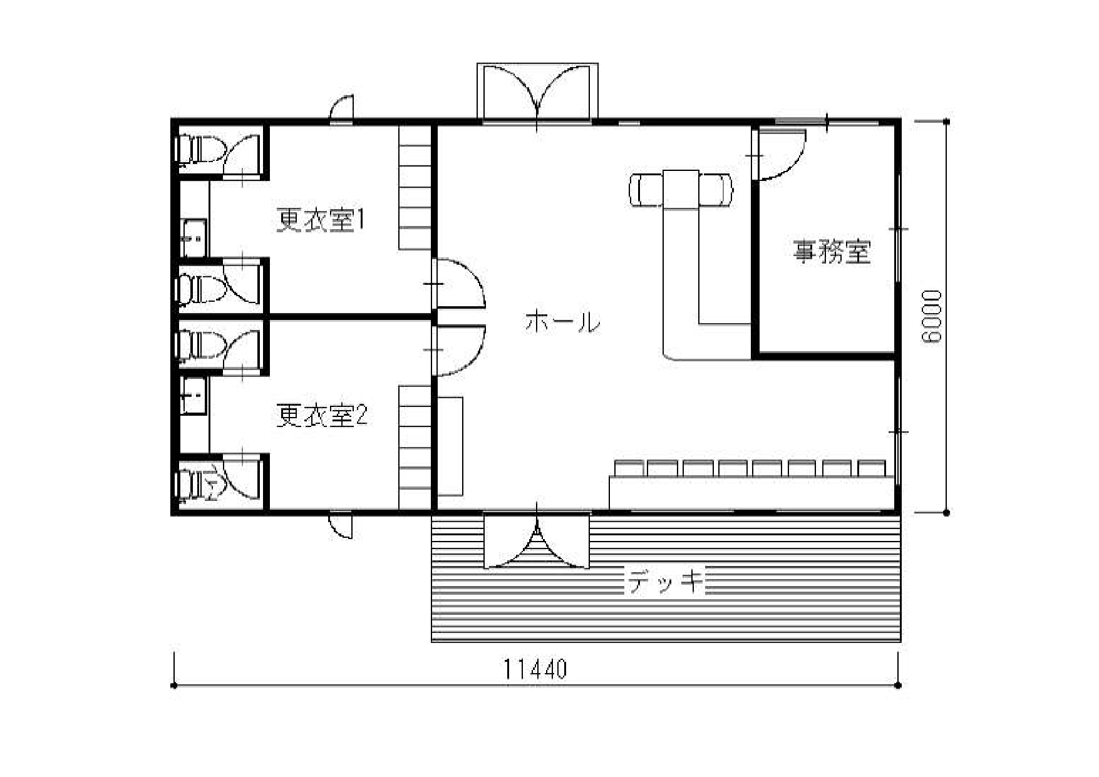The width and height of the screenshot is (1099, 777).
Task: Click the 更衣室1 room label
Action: tap(321, 220)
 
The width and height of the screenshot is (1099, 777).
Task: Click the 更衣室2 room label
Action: tap(321, 416)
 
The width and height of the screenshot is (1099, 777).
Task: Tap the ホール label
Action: tap(562, 322)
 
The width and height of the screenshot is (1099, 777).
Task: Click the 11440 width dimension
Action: tap(536, 669)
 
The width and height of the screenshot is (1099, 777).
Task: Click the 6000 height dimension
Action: tap(932, 317)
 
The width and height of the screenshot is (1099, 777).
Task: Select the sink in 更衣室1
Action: tap(193, 239)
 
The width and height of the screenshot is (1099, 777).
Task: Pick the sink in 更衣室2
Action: tap(193, 395)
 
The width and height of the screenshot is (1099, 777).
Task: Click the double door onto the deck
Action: tap(537, 540)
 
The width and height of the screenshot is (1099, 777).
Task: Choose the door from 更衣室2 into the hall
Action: tap(459, 349)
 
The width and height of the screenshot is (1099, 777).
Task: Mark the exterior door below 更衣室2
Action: tap(341, 525)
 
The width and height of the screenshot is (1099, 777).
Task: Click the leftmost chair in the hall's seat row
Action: tap(630, 468)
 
